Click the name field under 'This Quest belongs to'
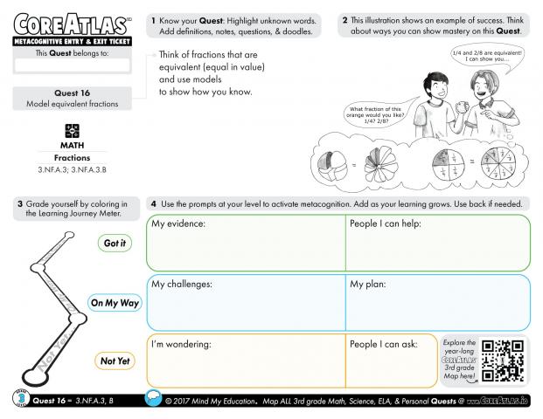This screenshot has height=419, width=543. [x=73, y=65]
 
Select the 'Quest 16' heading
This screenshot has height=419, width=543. [x=73, y=93]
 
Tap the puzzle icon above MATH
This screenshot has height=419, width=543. [x=72, y=130]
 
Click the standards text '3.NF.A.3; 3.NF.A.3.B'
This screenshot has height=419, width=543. [x=72, y=168]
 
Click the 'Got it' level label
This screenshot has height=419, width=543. [x=114, y=244]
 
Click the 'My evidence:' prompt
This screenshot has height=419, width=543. [x=178, y=225]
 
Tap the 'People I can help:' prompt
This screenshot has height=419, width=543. [x=386, y=225]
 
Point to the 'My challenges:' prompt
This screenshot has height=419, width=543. [x=182, y=285]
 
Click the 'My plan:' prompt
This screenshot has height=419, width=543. [x=369, y=285]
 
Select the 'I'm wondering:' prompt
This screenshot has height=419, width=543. [x=182, y=344]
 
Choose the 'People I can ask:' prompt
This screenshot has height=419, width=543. [x=384, y=344]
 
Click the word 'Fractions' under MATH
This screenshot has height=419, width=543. [x=72, y=157]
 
